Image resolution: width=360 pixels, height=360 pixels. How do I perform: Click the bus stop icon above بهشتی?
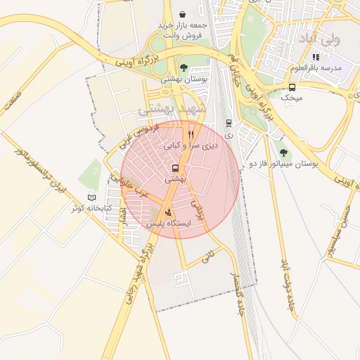(x=174, y=168)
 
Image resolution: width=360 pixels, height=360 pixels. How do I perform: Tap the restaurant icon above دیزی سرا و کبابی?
(x=191, y=134)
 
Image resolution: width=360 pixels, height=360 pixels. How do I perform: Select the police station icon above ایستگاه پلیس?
(x=168, y=212)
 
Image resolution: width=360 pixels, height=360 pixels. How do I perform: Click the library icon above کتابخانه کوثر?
(x=91, y=198)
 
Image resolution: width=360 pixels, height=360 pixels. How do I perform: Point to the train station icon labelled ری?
(x=229, y=122)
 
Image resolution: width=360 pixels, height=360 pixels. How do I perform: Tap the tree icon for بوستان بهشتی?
(x=184, y=67)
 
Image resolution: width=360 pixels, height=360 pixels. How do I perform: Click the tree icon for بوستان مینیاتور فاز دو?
(x=283, y=151)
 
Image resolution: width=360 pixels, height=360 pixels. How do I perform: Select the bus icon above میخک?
(x=292, y=86)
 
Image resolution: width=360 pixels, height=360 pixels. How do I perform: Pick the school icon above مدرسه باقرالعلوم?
(x=316, y=57)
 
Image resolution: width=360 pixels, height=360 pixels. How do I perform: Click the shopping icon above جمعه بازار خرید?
(x=183, y=14)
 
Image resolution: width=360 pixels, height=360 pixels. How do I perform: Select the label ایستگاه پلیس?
(x=167, y=223)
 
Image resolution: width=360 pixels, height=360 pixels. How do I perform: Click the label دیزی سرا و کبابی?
(x=191, y=146)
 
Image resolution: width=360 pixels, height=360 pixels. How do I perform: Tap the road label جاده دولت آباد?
(x=286, y=285)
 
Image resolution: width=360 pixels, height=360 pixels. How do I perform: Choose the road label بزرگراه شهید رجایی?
(x=137, y=275)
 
